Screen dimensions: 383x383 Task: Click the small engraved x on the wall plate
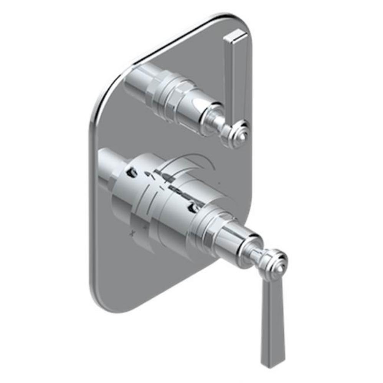pos(134,232)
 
